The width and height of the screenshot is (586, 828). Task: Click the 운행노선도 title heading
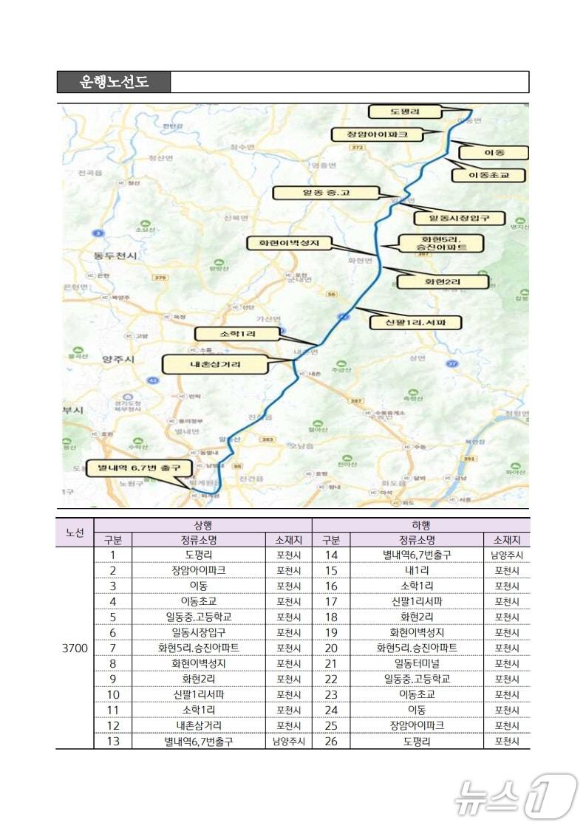(x=114, y=82)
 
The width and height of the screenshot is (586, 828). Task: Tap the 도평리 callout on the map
(x=405, y=112)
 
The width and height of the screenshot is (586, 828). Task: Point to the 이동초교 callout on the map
(x=488, y=175)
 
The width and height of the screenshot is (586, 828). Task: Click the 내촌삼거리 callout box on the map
(x=204, y=363)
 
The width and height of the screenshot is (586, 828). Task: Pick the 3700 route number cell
(x=74, y=648)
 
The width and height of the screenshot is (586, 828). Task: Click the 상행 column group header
(x=202, y=525)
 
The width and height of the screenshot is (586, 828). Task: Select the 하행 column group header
(x=420, y=525)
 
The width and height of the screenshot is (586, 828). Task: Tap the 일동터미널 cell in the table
(x=417, y=663)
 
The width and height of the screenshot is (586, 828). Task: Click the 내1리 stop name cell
(x=417, y=570)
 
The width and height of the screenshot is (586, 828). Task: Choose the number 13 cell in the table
(x=113, y=741)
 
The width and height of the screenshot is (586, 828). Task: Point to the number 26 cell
(x=331, y=741)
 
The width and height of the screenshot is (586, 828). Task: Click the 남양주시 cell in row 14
(x=506, y=555)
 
